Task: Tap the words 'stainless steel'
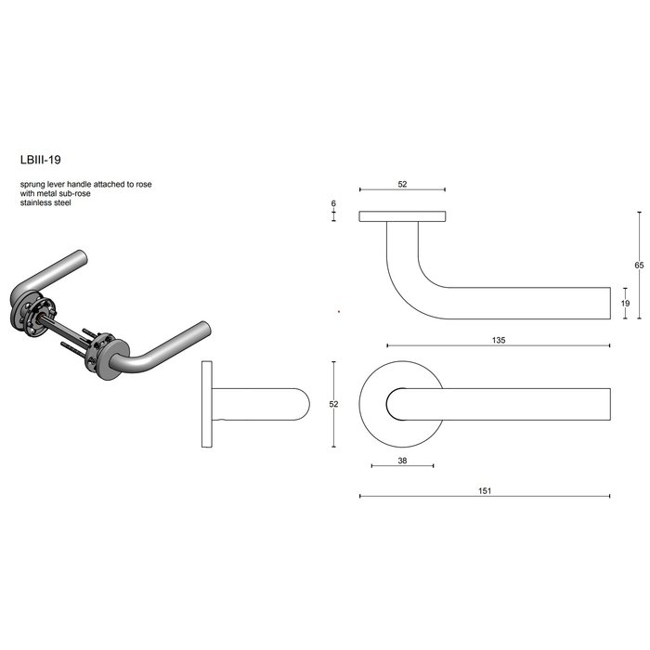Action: [45, 202]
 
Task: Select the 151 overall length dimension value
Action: [484, 491]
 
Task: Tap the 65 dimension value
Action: [639, 265]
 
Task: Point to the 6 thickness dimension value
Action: [332, 203]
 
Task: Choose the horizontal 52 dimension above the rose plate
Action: [402, 185]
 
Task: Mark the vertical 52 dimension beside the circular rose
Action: [333, 404]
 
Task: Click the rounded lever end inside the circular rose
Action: [397, 404]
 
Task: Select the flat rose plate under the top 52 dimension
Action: [402, 217]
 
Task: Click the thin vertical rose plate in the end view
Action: [205, 404]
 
